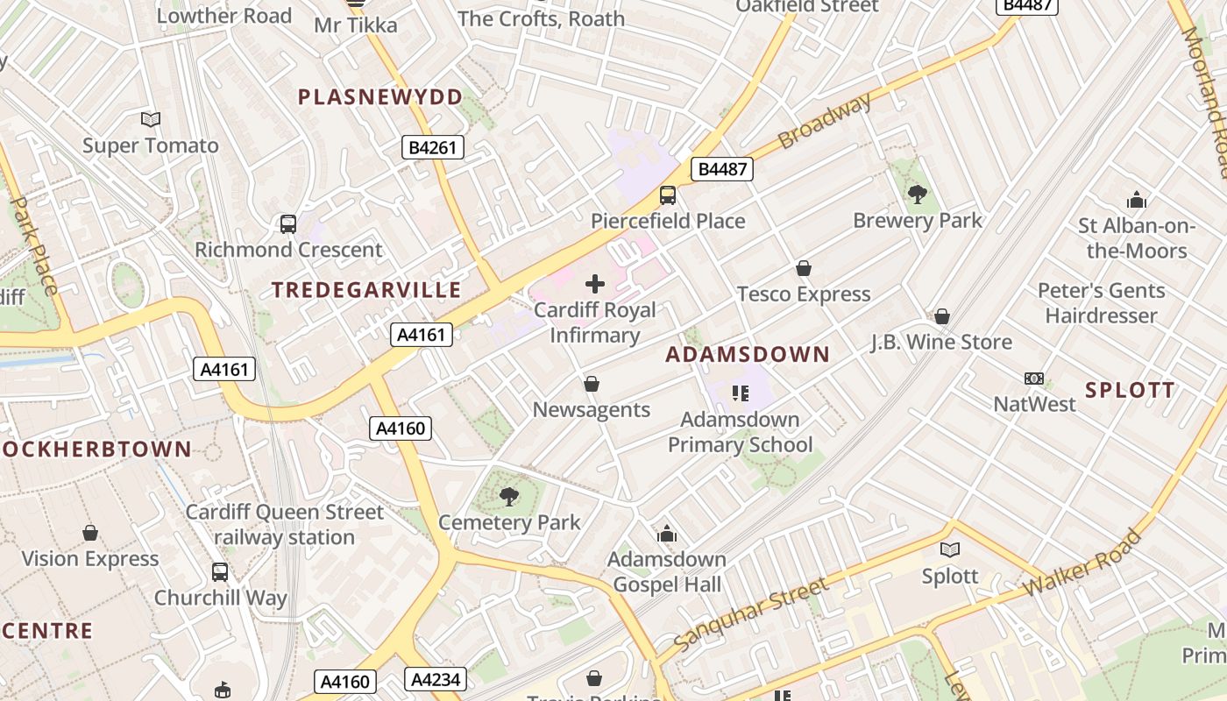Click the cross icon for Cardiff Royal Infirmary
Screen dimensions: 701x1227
(x=595, y=283)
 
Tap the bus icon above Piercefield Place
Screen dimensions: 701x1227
(x=668, y=195)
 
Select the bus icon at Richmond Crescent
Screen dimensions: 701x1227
(x=288, y=224)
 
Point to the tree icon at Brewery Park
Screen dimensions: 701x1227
(x=918, y=195)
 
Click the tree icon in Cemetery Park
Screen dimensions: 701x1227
(x=508, y=498)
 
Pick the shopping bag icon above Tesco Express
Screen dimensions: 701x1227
(x=804, y=268)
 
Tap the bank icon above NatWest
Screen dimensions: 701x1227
(x=1034, y=379)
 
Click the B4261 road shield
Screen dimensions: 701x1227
(x=434, y=147)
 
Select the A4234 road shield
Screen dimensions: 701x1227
(x=436, y=678)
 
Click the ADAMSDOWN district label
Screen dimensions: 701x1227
(x=748, y=354)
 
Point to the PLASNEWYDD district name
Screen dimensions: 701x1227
(x=380, y=96)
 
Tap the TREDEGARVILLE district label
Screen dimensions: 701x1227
(x=366, y=289)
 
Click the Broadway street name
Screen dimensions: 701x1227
(x=826, y=120)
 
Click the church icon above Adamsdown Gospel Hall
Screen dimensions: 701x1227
(x=667, y=534)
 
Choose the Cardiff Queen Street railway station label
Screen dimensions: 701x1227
(x=285, y=524)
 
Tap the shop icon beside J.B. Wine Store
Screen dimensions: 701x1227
(x=942, y=315)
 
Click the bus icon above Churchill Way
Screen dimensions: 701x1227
(x=220, y=572)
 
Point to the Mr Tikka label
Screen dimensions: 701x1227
(x=356, y=25)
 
